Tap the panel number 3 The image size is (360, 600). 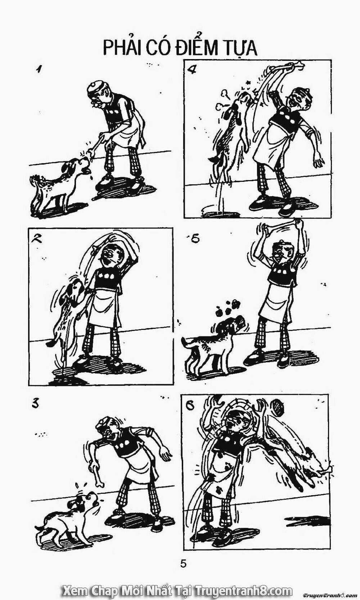point(35,404)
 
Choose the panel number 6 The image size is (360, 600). point(190,407)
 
